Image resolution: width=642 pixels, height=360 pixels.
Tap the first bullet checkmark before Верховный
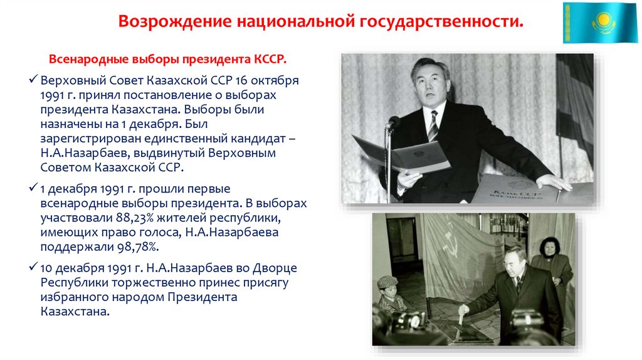point(34,82)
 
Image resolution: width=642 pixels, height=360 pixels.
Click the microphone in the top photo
point(392,122)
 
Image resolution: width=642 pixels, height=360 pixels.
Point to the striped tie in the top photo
point(433,125)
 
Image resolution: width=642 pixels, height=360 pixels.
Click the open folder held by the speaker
point(401,154)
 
